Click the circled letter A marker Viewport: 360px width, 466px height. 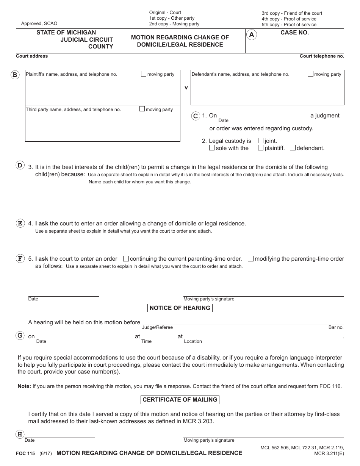(252, 35)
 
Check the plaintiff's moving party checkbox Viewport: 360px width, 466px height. (144, 74)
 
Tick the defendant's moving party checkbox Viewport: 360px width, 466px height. (310, 74)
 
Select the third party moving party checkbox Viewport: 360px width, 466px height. (142, 109)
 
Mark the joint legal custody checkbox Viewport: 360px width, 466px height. (261, 141)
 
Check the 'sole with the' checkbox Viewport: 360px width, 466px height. (212, 148)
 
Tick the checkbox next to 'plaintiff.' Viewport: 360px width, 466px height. (261, 148)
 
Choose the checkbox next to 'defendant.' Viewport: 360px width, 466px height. (293, 148)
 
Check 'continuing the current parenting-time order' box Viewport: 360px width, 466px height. (126, 259)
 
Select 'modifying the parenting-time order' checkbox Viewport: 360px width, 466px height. (250, 259)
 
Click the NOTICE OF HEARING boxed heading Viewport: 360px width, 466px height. (180, 308)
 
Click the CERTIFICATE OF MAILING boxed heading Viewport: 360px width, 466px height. (180, 400)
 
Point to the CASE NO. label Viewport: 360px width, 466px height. (294, 33)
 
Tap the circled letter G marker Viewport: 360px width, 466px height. (20, 335)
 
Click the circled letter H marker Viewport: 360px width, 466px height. (20, 434)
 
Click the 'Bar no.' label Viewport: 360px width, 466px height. (336, 327)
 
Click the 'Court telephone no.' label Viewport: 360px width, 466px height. (322, 56)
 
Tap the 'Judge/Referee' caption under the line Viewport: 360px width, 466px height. (157, 327)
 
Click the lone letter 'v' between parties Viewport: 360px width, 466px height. (186, 88)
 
